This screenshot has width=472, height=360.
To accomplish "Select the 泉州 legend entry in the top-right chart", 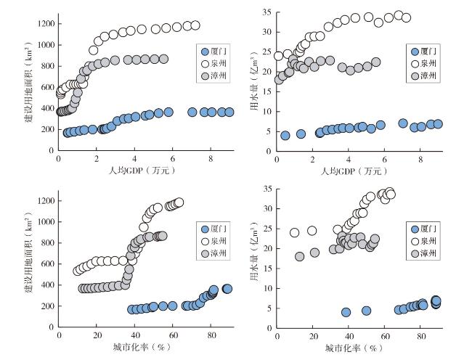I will coord(429,63).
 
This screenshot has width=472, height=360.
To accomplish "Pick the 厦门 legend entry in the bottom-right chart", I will coord(429,226).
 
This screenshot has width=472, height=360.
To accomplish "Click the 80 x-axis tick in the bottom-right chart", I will coord(421,337).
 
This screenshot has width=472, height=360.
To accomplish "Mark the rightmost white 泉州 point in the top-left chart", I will coord(195,25).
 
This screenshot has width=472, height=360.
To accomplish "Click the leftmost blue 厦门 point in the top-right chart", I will coord(285,135).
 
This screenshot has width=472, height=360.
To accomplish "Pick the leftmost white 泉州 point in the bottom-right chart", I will coord(295,233).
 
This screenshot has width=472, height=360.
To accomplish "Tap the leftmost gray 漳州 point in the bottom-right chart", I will coord(300,256).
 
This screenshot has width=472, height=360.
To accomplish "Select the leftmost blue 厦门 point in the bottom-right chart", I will coord(346,312).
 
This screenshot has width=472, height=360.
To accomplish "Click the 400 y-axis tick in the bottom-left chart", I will coord(45,286).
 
